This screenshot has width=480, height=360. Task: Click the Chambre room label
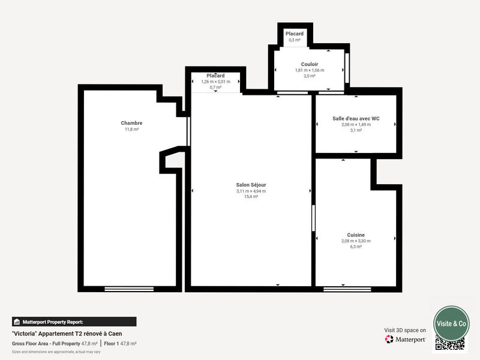pyautogui.click(x=131, y=123)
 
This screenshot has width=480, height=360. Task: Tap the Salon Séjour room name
pyautogui.click(x=251, y=185)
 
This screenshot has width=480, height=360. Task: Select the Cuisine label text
pyautogui.click(x=356, y=235)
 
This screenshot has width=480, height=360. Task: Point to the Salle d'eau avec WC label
pyautogui.click(x=356, y=118)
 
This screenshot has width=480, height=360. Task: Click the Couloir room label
pyautogui.click(x=310, y=64)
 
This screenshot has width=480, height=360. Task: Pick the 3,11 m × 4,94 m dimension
pyautogui.click(x=251, y=191)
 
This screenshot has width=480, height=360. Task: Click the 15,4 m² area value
pyautogui.click(x=251, y=196)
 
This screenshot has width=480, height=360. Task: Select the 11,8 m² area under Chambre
pyautogui.click(x=131, y=129)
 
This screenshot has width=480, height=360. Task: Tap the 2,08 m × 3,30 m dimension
pyautogui.click(x=356, y=241)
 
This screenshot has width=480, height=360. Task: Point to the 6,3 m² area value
pyautogui.click(x=356, y=246)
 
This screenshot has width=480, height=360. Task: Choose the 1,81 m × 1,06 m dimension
pyautogui.click(x=310, y=70)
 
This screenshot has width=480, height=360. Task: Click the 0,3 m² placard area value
pyautogui.click(x=294, y=40)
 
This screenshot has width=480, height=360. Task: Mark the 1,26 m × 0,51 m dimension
pyautogui.click(x=215, y=82)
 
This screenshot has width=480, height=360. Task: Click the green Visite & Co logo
pyautogui.click(x=451, y=323)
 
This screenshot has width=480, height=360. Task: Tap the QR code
pyautogui.click(x=450, y=344)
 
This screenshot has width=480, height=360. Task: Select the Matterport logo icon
pyautogui.click(x=389, y=339)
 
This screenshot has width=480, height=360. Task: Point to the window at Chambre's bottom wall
pyautogui.click(x=129, y=289)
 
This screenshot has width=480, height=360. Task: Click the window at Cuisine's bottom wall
pyautogui.click(x=347, y=289)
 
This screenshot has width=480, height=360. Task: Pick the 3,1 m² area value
pyautogui.click(x=356, y=130)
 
